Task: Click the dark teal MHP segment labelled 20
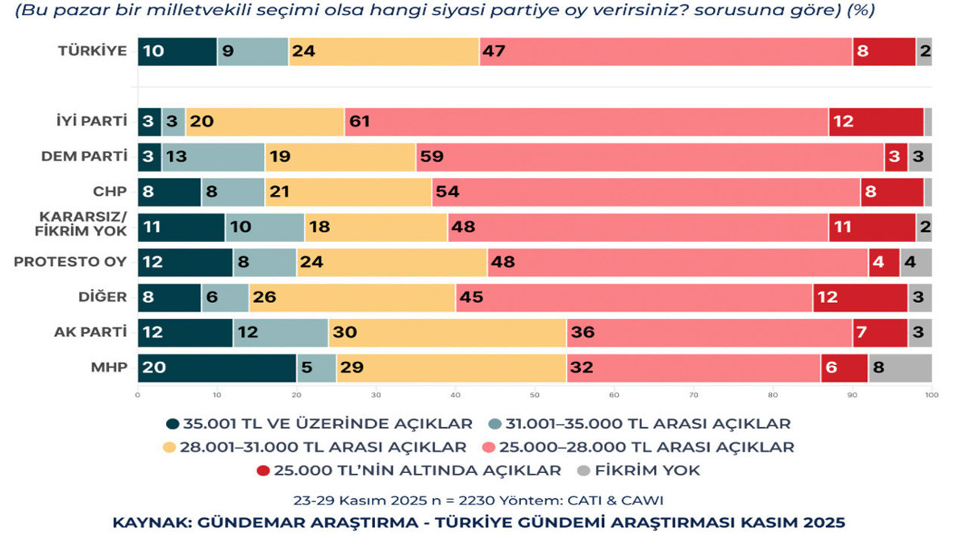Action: (217, 368)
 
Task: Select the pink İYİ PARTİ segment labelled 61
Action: (586, 123)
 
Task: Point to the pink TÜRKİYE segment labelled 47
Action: (665, 52)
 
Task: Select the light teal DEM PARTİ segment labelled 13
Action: (213, 157)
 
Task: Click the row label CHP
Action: (111, 192)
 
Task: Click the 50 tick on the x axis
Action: (534, 396)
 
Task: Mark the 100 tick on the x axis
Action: (932, 396)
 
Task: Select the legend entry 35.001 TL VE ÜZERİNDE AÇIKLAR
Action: (318, 423)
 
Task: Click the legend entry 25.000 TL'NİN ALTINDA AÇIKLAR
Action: (416, 470)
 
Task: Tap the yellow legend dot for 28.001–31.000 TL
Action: (169, 447)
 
